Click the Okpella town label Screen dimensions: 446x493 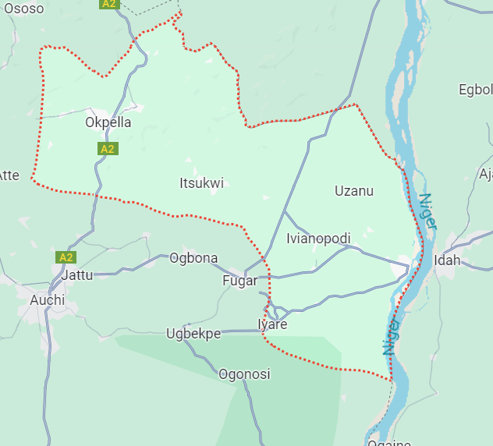click(108, 122)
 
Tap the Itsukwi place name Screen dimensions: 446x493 click(201, 183)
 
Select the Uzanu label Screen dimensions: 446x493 click(353, 191)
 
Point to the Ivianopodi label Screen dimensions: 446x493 click(318, 239)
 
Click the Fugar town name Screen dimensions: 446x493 click(239, 281)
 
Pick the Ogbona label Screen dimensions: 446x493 click(193, 258)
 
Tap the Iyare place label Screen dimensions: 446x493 click(272, 324)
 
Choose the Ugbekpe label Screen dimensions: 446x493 click(193, 334)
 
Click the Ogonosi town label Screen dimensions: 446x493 click(244, 374)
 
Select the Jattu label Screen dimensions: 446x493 click(76, 275)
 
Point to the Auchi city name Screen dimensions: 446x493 click(47, 299)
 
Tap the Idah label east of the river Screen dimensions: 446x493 click(447, 260)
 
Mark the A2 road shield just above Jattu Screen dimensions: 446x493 click(66, 257)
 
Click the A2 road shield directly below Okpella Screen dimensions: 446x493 click(108, 148)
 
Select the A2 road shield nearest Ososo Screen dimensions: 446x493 click(108, 4)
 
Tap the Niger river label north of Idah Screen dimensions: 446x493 click(427, 211)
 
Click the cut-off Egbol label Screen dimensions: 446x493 click(475, 90)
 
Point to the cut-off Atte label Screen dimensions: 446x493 click(9, 175)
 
